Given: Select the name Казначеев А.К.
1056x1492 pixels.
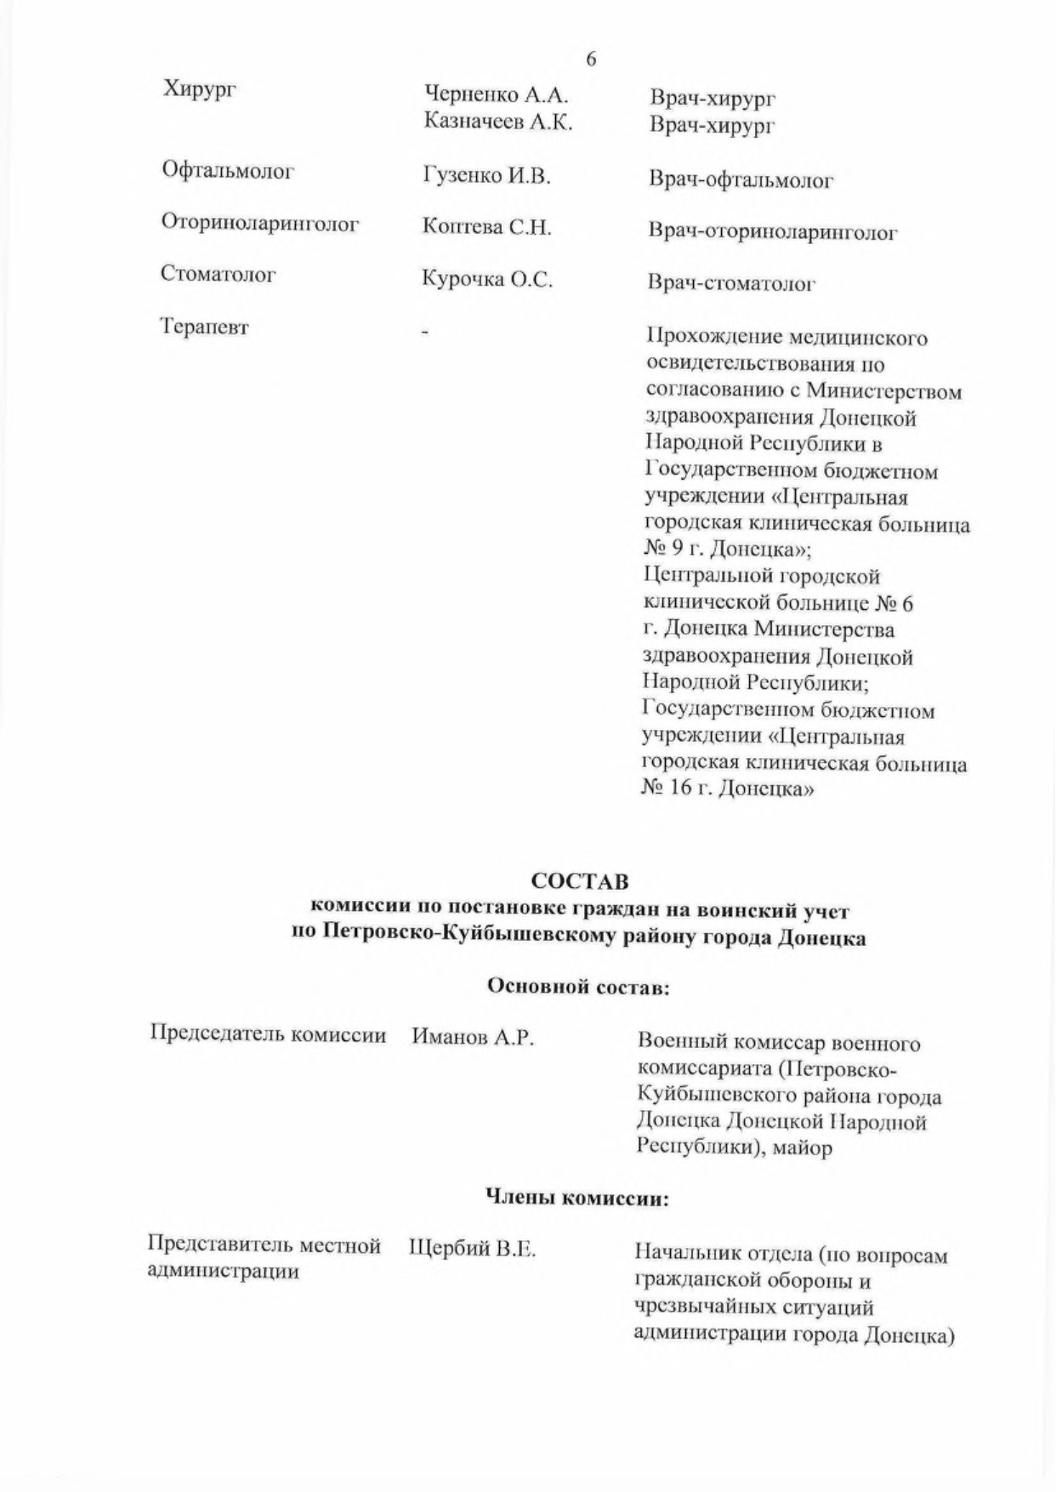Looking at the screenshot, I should click(x=498, y=122).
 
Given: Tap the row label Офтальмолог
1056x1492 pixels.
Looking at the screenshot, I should click(x=228, y=171).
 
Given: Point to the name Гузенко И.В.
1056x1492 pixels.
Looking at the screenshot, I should click(x=487, y=176).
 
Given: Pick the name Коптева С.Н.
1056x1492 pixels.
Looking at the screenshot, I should click(x=487, y=227).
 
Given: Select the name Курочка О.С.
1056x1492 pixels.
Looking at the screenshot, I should click(x=487, y=279).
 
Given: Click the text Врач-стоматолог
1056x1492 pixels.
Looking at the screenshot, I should click(x=731, y=283).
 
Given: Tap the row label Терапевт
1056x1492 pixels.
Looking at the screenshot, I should click(x=205, y=327).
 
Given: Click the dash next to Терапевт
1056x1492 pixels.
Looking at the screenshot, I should click(x=426, y=331).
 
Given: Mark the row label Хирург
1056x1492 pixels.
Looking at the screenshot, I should click(x=198, y=88).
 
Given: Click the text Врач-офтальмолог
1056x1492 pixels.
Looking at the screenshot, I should click(x=741, y=180).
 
